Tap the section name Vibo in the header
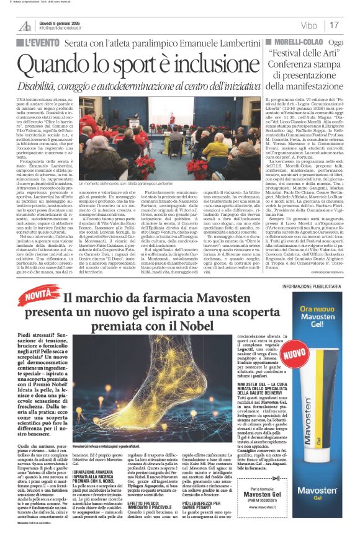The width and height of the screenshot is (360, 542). [308, 25]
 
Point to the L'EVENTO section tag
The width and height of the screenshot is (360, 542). [39, 42]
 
